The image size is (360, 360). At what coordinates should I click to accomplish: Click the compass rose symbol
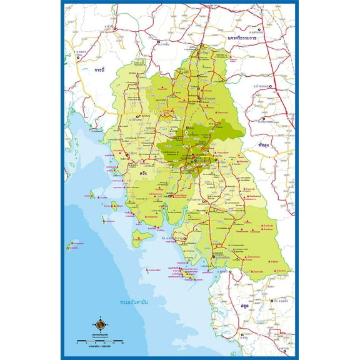tap(100, 324)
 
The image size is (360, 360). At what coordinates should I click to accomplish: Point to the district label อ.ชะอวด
tap(266, 86)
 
